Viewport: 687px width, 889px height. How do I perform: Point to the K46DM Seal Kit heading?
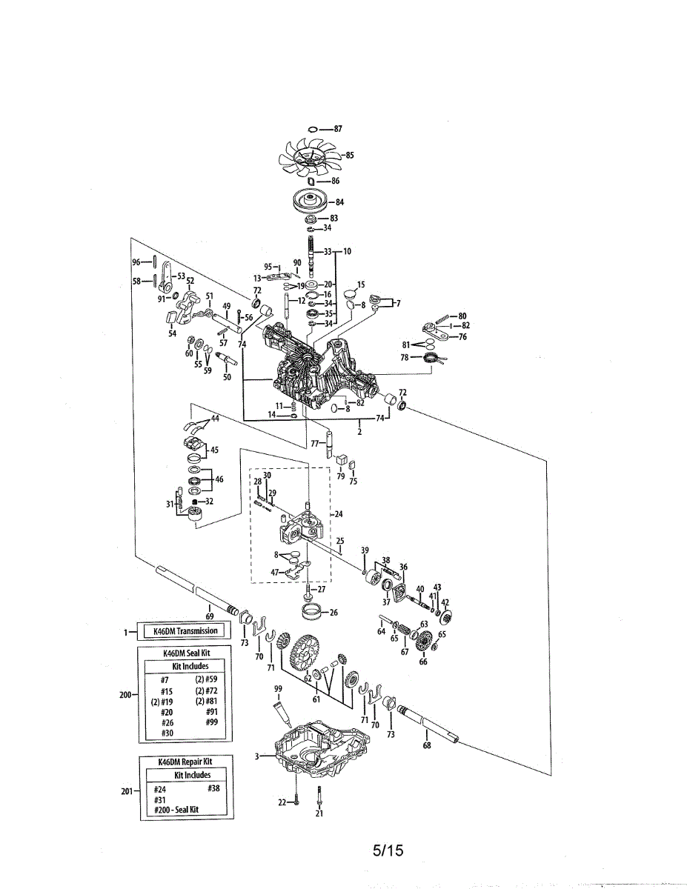(185, 654)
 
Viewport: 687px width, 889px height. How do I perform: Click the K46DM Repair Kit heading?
(185, 761)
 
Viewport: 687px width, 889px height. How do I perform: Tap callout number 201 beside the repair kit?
(127, 791)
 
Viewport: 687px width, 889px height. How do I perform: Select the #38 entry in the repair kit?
(214, 789)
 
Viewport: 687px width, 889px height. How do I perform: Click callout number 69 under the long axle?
(210, 616)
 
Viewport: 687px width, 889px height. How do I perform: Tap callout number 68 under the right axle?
(427, 745)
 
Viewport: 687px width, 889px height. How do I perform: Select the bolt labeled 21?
(319, 798)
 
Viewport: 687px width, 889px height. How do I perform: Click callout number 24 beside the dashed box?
(339, 513)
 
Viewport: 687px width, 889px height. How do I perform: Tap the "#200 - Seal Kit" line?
(177, 810)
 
